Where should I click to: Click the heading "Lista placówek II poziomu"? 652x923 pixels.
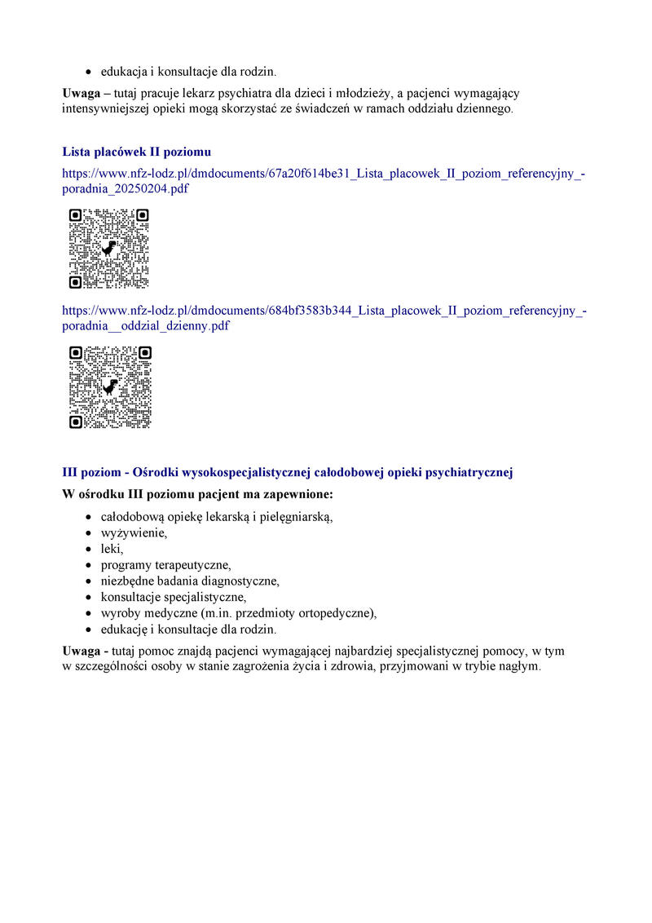tap(137, 152)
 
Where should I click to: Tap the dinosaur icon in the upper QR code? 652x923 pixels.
tap(108, 248)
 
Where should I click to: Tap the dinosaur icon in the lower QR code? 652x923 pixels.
tap(110, 386)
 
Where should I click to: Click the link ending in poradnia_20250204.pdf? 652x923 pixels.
tap(324, 180)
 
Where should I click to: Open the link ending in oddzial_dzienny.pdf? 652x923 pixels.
tap(324, 318)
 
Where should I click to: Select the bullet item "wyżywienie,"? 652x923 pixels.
tap(134, 533)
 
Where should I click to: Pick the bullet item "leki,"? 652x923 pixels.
tap(112, 549)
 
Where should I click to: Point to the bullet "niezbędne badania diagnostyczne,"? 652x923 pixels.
tap(190, 581)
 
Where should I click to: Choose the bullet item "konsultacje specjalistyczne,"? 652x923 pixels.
tap(173, 598)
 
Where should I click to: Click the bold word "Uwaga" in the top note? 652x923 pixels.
tap(81, 93)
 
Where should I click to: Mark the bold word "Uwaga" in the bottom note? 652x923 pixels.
tap(81, 651)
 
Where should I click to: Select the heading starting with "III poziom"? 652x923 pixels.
tap(287, 473)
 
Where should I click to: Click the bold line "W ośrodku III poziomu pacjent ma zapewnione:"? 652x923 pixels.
tap(197, 494)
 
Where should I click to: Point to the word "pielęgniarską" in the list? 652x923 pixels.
tap(296, 517)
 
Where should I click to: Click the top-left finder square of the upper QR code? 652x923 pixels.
tap(75, 215)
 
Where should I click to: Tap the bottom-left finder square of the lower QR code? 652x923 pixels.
tap(75, 422)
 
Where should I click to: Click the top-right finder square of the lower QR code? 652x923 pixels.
tap(145, 353)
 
